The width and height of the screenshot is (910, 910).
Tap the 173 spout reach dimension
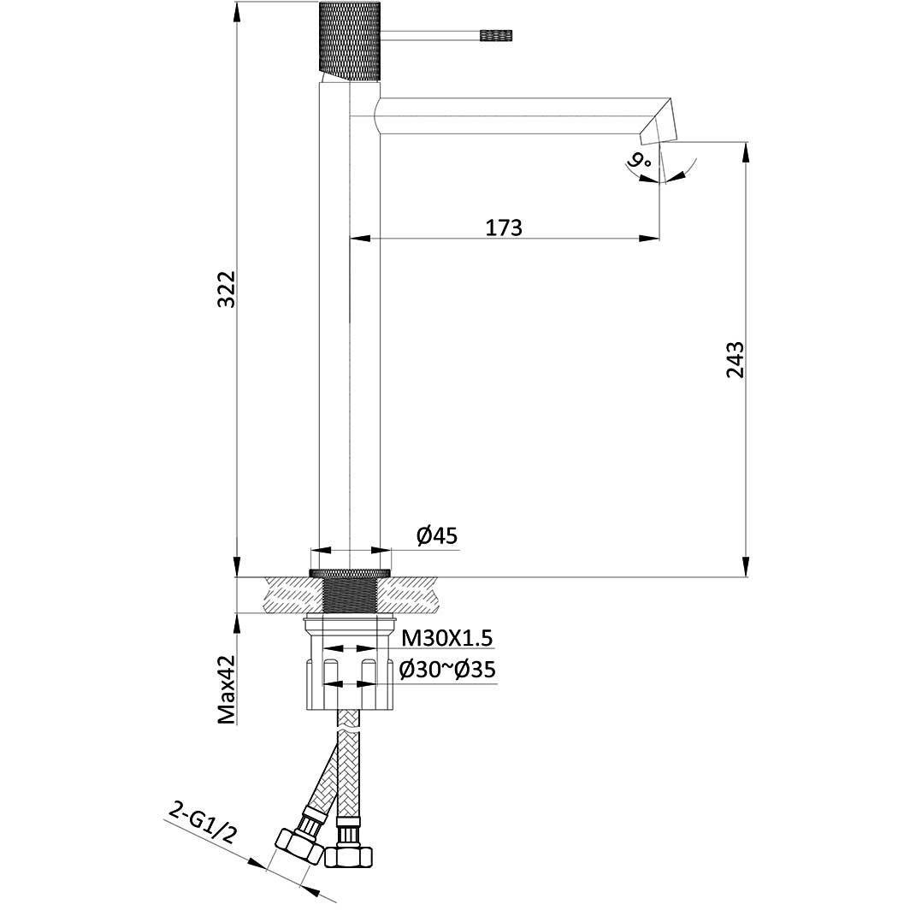504,227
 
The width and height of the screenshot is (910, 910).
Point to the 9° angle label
637,160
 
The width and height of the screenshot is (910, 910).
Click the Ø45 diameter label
437,536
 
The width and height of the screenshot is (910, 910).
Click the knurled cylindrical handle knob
349,39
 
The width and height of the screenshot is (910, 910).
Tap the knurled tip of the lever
496,35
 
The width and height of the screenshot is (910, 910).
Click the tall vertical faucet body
349,342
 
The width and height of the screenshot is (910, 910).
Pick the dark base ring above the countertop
349,571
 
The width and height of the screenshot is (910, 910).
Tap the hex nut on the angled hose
296,848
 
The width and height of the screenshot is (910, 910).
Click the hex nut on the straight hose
349,854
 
